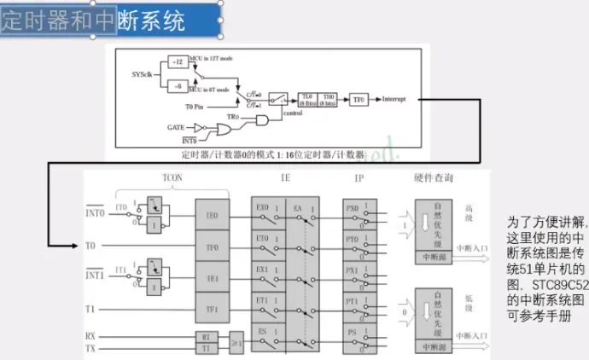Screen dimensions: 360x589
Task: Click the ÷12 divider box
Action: [x=176, y=62]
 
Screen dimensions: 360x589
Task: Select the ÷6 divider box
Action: [x=176, y=86]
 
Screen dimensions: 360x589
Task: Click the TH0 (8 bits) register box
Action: [x=329, y=100]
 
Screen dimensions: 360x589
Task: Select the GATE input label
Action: [x=176, y=126]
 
